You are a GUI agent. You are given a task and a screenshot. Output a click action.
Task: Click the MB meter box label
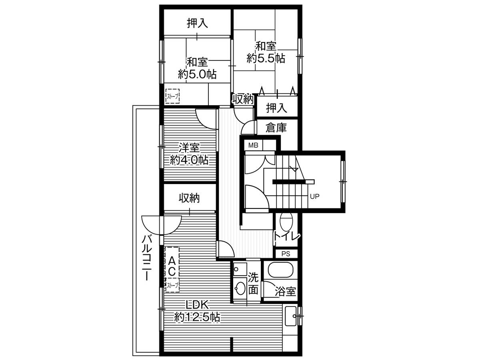(x=253, y=145)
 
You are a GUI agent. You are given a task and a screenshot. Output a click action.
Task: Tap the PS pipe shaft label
(x=286, y=254)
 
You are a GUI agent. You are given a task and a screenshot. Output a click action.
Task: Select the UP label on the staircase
(x=314, y=196)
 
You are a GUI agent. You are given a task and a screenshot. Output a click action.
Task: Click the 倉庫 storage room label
(x=276, y=128)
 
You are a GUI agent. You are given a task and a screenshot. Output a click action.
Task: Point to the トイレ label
(x=287, y=236)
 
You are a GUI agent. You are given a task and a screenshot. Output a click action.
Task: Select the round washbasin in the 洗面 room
(x=240, y=288)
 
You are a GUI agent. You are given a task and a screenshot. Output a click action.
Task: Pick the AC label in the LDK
(x=172, y=266)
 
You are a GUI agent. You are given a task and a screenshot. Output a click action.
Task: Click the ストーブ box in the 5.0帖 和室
(x=173, y=96)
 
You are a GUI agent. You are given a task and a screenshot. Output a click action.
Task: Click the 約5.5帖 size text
(x=266, y=58)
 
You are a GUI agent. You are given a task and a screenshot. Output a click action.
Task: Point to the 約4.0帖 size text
(x=189, y=160)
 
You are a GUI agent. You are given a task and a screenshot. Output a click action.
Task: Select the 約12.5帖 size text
(x=197, y=318)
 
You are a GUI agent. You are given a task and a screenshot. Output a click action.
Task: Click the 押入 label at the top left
(x=197, y=24)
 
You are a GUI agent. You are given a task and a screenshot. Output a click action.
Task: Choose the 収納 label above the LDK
(x=189, y=198)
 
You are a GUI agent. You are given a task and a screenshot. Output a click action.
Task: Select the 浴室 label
(x=285, y=292)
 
